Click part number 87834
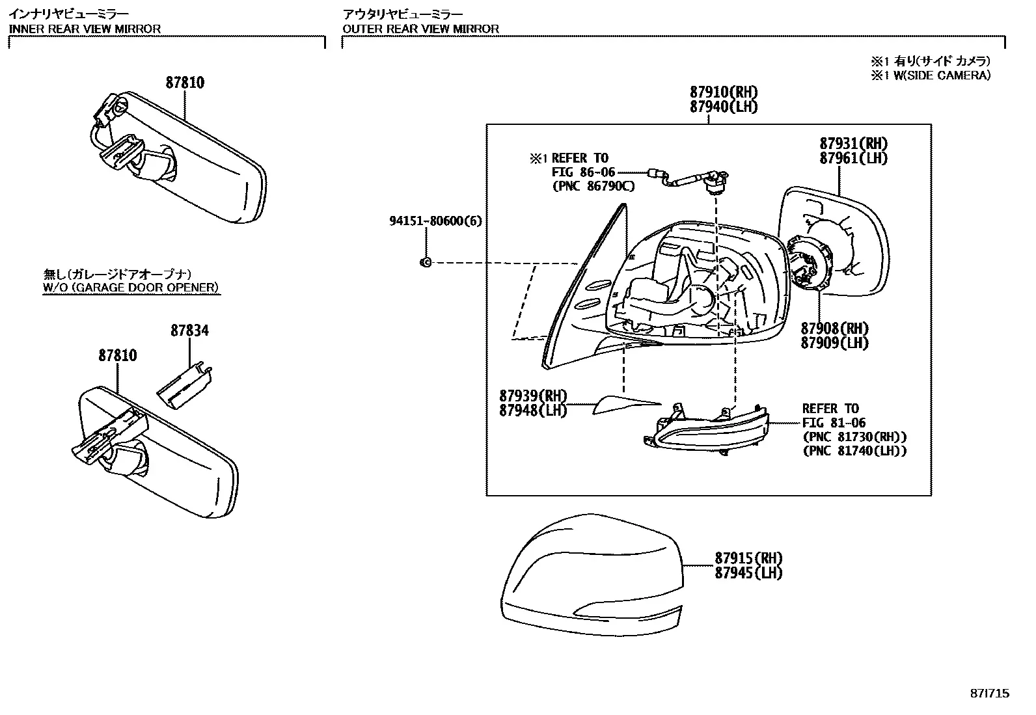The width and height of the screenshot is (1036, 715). (x=189, y=331)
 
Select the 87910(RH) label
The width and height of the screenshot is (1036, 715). (x=724, y=92)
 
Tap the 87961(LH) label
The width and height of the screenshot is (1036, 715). (x=853, y=158)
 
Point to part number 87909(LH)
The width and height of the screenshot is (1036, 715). (x=835, y=343)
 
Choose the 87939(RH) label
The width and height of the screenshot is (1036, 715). (x=533, y=396)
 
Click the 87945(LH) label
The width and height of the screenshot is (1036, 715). (x=748, y=573)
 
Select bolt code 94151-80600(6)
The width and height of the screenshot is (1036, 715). (x=435, y=221)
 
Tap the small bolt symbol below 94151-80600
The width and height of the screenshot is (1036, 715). (x=426, y=263)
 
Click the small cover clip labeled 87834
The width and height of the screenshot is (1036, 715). (x=185, y=385)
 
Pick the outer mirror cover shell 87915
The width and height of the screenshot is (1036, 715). (x=592, y=574)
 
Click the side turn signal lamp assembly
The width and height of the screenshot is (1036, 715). (x=706, y=429)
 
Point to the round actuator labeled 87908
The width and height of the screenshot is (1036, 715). (x=810, y=263)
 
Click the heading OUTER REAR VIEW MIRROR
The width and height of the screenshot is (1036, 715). (x=420, y=29)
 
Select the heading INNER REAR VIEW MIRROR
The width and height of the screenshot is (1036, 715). (x=85, y=29)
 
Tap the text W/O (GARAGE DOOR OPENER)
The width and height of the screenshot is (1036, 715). (x=131, y=288)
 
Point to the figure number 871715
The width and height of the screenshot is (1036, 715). (x=990, y=694)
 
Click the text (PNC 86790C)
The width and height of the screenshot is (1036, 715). (x=594, y=186)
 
